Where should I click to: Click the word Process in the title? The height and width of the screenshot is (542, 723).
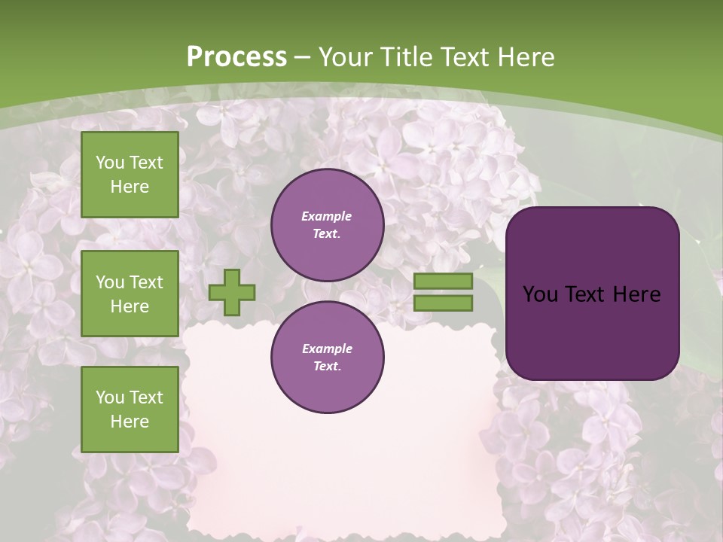[236, 56]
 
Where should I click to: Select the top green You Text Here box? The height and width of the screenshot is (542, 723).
[130, 175]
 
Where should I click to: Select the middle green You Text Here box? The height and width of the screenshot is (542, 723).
[130, 294]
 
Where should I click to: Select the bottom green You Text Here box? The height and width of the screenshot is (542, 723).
[130, 410]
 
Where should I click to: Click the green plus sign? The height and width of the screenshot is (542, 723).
[232, 292]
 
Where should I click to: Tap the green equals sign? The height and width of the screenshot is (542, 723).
[443, 292]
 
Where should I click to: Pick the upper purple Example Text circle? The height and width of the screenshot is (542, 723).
[327, 225]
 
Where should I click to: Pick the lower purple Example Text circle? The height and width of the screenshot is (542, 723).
[327, 357]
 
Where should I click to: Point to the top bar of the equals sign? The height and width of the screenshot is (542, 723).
[443, 281]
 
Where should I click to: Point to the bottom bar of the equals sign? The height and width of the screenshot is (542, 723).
[443, 303]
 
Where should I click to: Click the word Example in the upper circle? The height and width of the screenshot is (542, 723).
[327, 217]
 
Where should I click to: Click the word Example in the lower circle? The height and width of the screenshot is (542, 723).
[327, 349]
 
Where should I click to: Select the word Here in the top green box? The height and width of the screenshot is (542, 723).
[130, 187]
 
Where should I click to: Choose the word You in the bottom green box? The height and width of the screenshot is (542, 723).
[110, 397]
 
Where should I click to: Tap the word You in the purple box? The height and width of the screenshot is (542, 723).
[541, 294]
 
